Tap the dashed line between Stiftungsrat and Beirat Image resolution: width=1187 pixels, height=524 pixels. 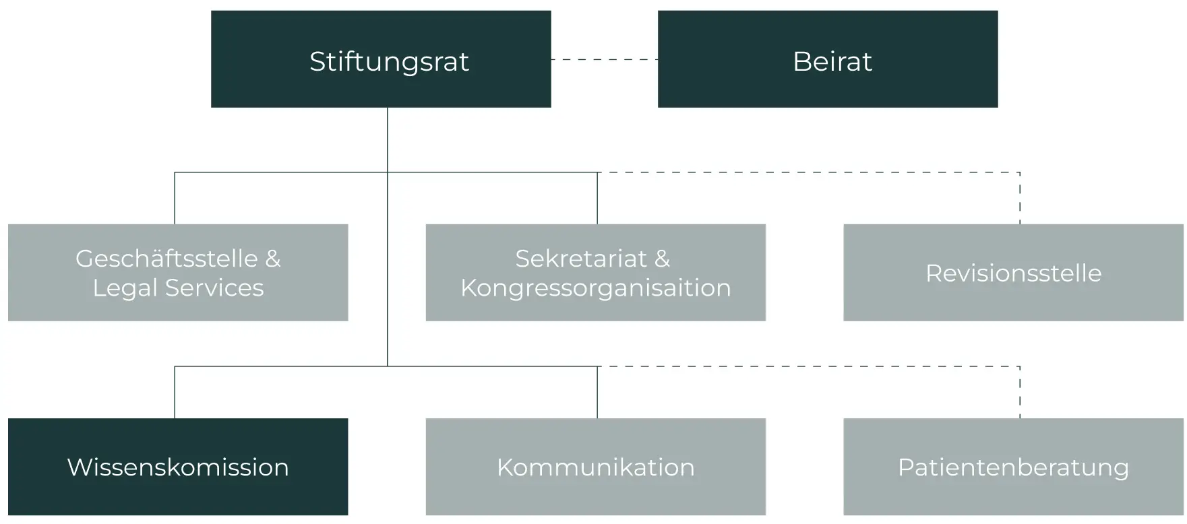(x=604, y=60)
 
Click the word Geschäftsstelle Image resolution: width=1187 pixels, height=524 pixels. (x=166, y=259)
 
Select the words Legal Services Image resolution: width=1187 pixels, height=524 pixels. (x=178, y=288)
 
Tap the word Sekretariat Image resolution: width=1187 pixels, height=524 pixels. (x=581, y=259)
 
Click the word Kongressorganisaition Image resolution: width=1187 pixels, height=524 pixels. (x=596, y=288)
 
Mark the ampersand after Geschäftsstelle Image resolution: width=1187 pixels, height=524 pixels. (x=273, y=259)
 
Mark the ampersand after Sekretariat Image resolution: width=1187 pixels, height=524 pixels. (x=662, y=259)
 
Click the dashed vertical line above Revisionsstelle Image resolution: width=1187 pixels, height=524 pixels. (x=1020, y=199)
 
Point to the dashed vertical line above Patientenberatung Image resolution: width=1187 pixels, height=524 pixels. (x=1020, y=393)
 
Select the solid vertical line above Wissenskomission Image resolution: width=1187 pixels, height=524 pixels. (x=175, y=393)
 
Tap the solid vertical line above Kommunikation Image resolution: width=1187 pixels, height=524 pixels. (x=597, y=393)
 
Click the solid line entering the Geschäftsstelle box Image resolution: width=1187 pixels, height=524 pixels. (x=175, y=199)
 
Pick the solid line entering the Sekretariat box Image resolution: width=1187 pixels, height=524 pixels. (x=597, y=199)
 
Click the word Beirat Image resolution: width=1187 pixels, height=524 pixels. (x=832, y=61)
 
